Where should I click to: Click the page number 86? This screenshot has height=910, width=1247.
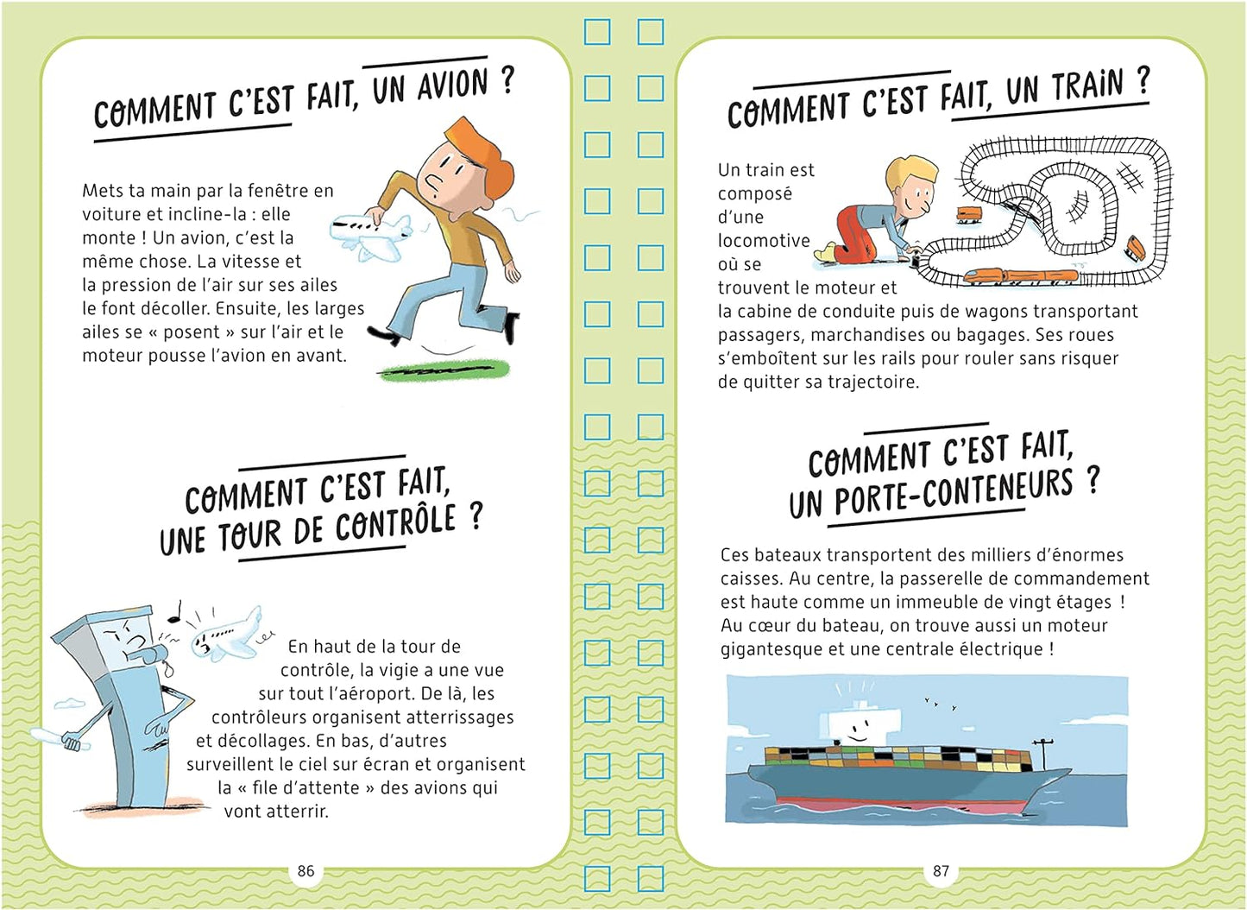coord(305,870)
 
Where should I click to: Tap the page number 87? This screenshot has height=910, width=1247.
coord(941,870)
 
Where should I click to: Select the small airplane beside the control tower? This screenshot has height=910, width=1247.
coord(226,635)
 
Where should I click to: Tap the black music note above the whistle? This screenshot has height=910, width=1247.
coord(177,611)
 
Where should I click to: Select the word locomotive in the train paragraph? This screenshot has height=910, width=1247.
coord(764,241)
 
